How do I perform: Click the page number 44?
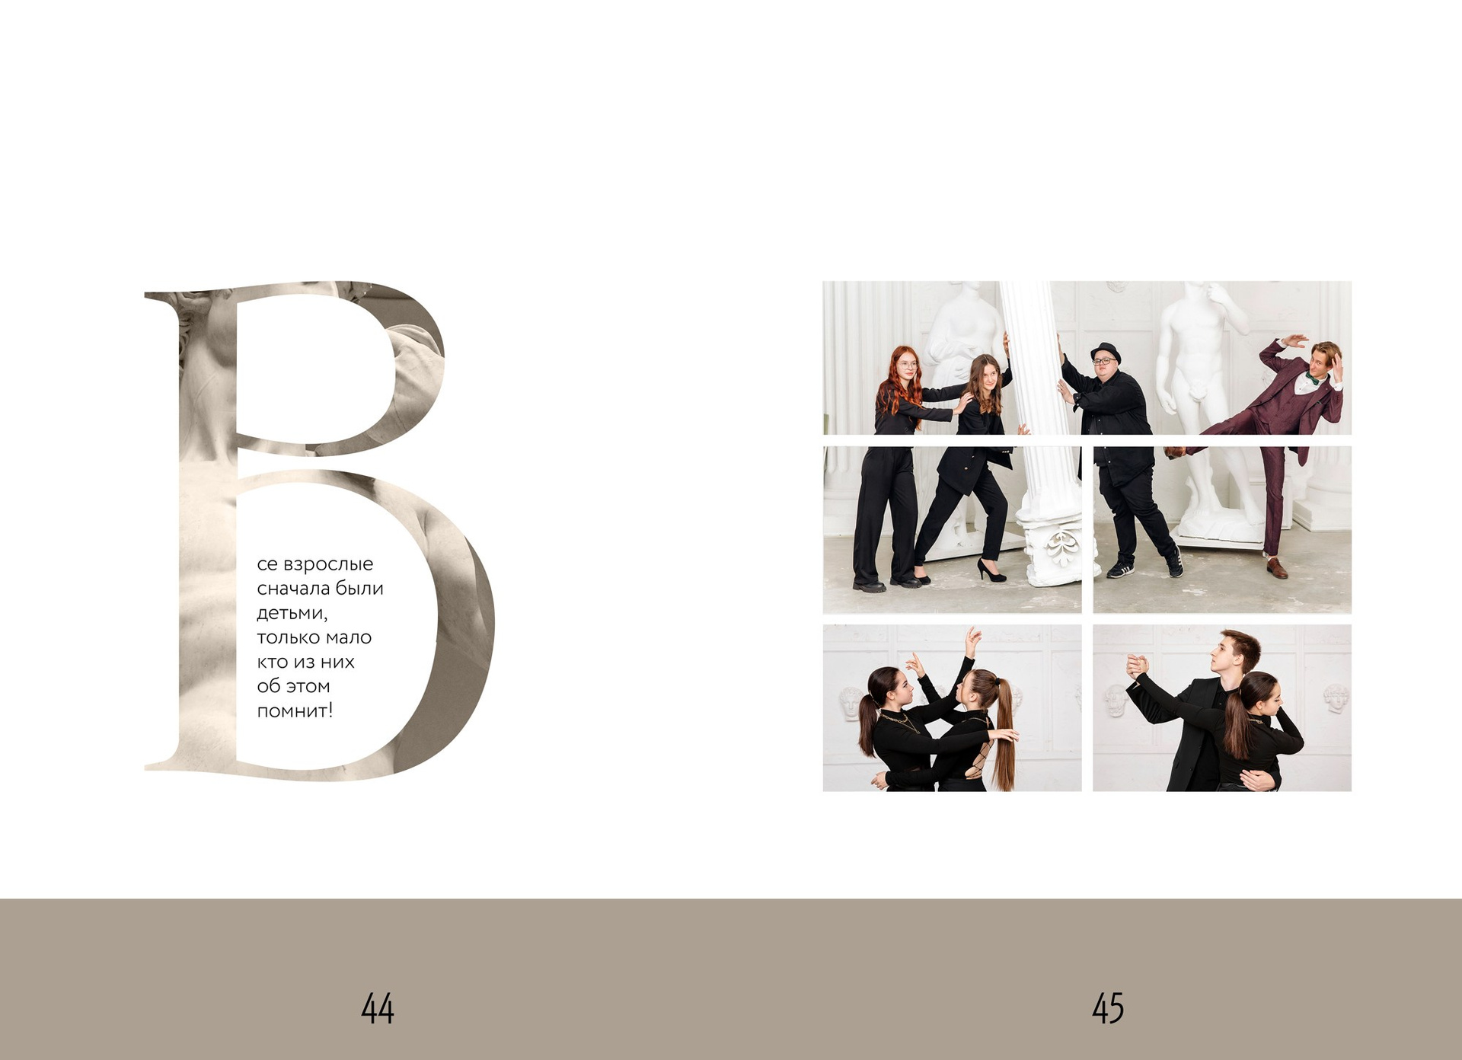coord(378,1008)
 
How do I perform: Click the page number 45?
coord(1108,1008)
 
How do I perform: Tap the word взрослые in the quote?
coord(328,565)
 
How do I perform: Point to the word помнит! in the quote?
coord(295,711)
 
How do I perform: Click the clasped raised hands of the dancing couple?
coord(1136,664)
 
